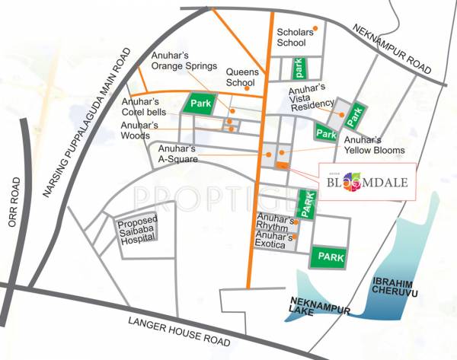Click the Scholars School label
[x=291, y=37]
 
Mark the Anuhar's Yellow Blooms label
[x=373, y=145]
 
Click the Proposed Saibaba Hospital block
[x=136, y=230]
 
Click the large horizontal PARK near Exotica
[x=328, y=256]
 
